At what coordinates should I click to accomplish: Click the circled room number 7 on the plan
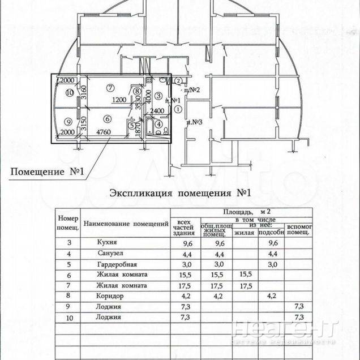click(x=110, y=87)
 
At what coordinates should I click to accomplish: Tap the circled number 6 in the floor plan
click(x=107, y=118)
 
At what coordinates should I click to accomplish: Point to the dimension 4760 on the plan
click(x=103, y=133)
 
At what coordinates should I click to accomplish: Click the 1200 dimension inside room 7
click(x=119, y=100)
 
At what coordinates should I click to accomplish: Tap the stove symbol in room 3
click(x=164, y=81)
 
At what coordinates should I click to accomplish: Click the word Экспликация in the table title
click(x=140, y=193)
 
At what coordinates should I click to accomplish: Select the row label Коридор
click(x=111, y=295)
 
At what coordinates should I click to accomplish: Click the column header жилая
click(x=244, y=232)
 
